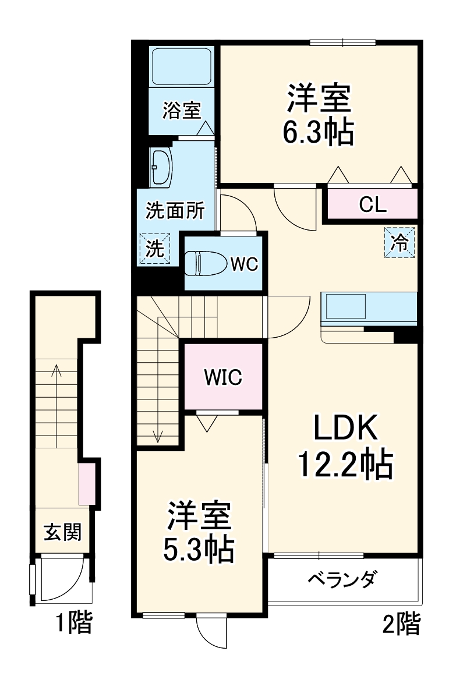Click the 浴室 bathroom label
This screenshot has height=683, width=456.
[181, 110]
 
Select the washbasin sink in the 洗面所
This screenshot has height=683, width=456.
[161, 167]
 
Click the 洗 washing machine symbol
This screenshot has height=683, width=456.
[155, 249]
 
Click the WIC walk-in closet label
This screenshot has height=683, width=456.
[222, 377]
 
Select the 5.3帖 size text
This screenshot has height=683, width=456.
[198, 548]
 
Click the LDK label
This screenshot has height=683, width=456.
[346, 430]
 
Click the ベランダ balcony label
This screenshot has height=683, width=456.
[342, 580]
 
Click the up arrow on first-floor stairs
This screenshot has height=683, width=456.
[56, 370]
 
